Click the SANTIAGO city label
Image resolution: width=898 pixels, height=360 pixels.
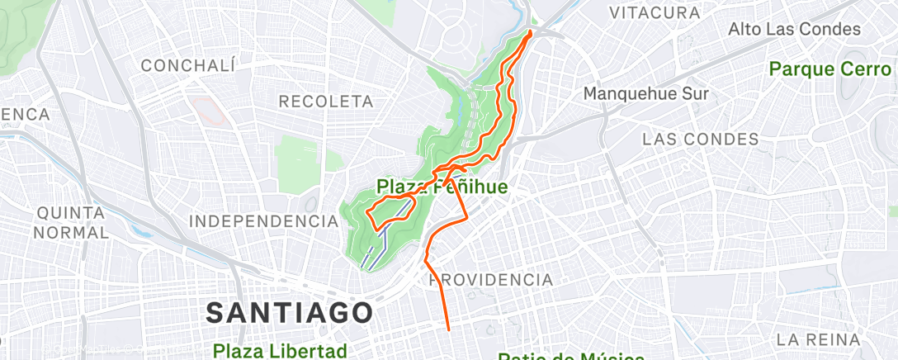pos(289,313)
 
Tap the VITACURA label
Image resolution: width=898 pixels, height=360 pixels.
pos(654,13)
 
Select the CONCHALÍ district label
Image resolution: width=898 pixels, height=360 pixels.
pos(189,65)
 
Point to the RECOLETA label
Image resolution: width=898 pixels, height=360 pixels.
pos(327,101)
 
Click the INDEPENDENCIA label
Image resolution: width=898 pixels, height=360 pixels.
pos(258,221)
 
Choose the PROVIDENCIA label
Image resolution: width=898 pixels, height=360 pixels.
pos(491,280)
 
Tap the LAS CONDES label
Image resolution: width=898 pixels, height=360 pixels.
pos(701,139)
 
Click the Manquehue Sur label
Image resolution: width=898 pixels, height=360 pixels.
pos(645,93)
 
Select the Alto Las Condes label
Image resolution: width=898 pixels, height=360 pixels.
pos(794,30)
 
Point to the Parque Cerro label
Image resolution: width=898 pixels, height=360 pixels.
pos(830,69)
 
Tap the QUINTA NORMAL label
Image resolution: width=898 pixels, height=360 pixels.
pos(72,223)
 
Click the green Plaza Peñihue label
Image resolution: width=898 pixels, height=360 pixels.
pos(442,187)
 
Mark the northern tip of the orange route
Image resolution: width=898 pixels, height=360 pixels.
pos(530,32)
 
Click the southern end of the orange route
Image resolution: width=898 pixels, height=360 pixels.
pos(448,329)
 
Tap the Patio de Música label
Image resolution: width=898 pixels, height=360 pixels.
pos(570,356)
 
